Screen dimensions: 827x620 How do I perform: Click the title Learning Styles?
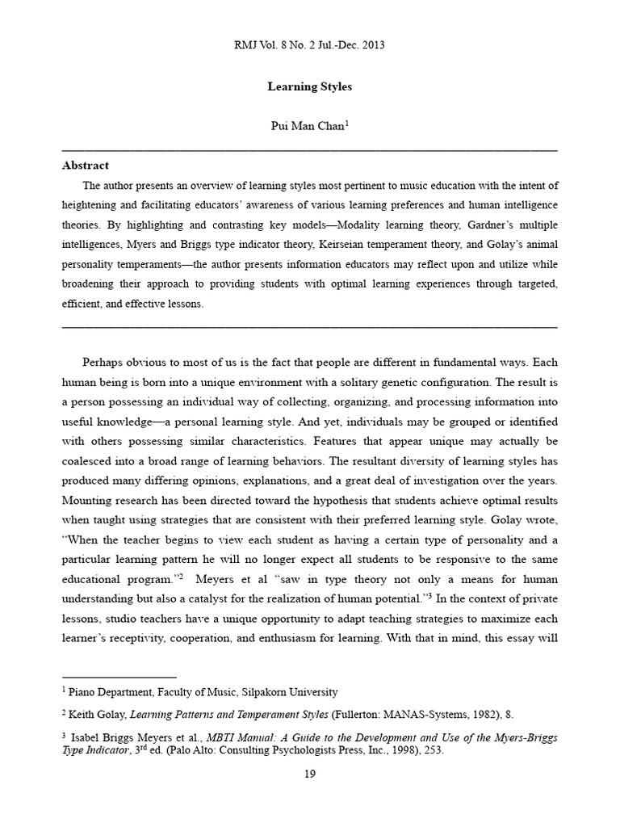click(x=309, y=86)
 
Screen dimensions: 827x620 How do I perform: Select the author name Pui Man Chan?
click(x=307, y=128)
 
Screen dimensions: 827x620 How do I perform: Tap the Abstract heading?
click(x=86, y=166)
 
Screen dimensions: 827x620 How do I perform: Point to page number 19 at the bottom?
click(x=310, y=775)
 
